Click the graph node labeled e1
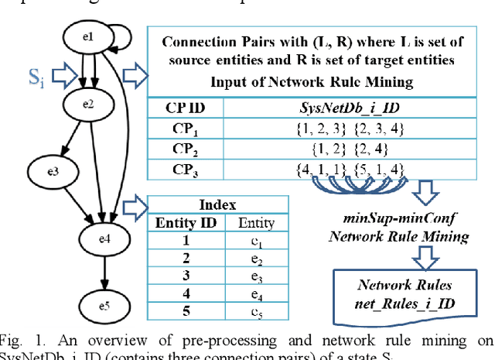87,36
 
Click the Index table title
217,204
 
